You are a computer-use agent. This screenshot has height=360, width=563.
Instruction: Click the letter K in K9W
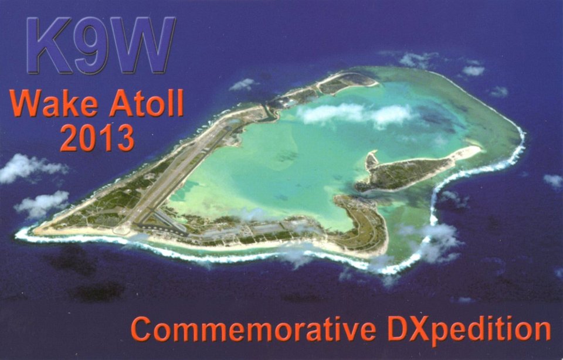49,45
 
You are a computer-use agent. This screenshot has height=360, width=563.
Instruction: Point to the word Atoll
147,103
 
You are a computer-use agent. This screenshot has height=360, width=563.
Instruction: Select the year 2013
97,138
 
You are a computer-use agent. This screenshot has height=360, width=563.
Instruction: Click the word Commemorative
253,329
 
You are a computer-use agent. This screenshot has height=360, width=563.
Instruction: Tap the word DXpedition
469,330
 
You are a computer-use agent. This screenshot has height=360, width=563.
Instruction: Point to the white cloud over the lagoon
355,114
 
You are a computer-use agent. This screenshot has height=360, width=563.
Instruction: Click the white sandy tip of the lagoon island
467,152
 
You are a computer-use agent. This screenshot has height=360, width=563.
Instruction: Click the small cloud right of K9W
243,84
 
